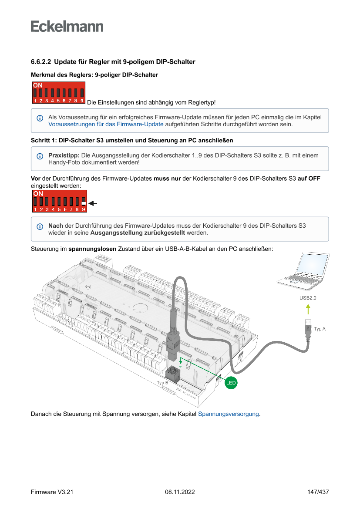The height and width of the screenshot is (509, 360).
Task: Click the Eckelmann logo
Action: (x=67, y=26)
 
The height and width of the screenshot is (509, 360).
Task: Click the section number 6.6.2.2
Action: (x=41, y=62)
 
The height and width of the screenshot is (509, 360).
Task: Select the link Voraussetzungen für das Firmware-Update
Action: (x=106, y=124)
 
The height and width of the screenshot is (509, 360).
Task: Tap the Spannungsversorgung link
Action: (x=229, y=414)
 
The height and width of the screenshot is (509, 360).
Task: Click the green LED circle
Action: (x=231, y=383)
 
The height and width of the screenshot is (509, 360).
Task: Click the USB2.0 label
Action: (x=308, y=298)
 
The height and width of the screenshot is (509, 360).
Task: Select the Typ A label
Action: (x=320, y=329)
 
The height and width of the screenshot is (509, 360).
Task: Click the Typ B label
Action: (x=162, y=383)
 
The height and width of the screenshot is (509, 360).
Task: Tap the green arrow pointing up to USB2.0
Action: (x=308, y=309)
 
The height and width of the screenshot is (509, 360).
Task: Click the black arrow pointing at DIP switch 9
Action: (x=92, y=203)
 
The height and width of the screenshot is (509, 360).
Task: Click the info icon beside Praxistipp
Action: (x=40, y=156)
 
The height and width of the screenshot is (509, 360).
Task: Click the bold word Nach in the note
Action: (x=55, y=226)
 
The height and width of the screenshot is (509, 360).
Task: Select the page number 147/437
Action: (x=318, y=492)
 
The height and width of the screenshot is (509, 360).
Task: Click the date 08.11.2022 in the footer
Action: (x=180, y=492)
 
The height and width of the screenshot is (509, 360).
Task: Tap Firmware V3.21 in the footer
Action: (x=52, y=492)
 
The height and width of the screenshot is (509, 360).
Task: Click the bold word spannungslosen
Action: (x=92, y=249)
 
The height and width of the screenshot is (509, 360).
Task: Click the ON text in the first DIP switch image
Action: (x=38, y=85)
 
